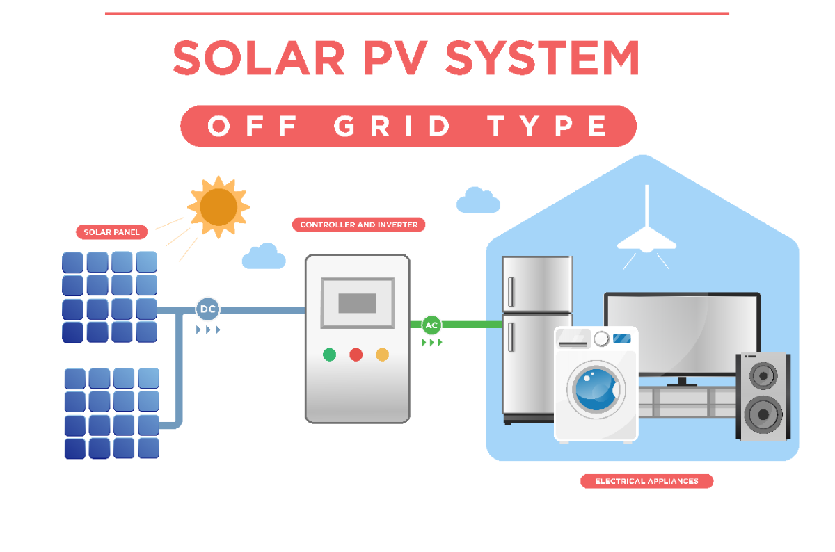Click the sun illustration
tap(218, 205)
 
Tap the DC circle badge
tap(207, 309)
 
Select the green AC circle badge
tap(431, 325)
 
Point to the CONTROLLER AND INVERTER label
tap(358, 225)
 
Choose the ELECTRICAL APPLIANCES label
tap(647, 480)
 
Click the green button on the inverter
tap(330, 355)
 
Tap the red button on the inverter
tap(356, 355)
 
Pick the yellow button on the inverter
tap(382, 355)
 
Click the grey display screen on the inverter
tap(357, 303)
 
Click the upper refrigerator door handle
tap(511, 292)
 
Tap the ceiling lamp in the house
tap(647, 239)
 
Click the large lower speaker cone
tap(764, 414)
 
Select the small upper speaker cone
tap(764, 375)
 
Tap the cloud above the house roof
tap(478, 200)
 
